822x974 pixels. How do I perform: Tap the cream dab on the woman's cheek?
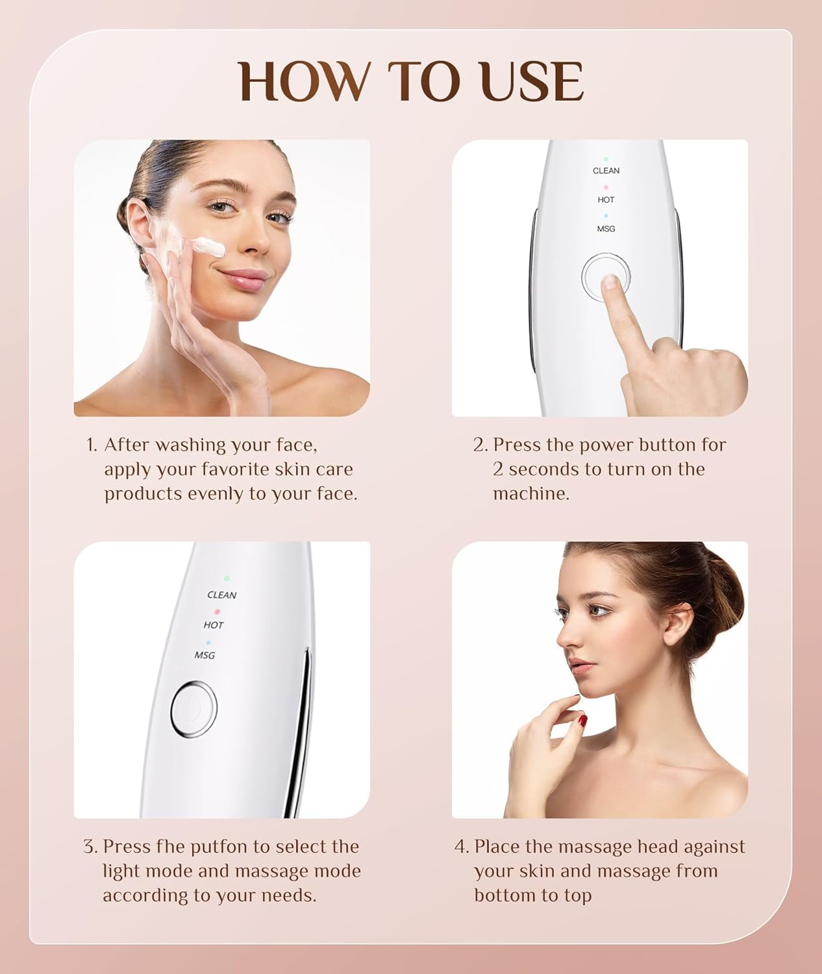point(208,247)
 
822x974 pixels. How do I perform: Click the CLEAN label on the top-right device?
point(606,171)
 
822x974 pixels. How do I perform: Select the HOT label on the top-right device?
point(606,200)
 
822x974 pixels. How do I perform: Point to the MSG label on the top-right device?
point(606,229)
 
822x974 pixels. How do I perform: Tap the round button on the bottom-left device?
point(193,709)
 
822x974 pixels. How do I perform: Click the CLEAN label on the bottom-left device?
point(221,595)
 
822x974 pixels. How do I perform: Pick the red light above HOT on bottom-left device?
point(218,612)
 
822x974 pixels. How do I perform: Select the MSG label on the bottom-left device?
point(205,655)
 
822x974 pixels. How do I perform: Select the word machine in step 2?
point(530,493)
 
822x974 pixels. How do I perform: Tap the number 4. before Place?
point(462,847)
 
